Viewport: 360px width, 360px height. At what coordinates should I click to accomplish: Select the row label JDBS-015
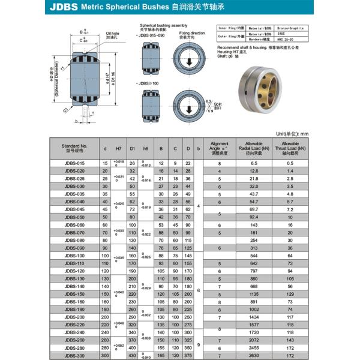coord(75,163)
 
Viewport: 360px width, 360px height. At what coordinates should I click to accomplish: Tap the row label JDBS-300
coord(75,356)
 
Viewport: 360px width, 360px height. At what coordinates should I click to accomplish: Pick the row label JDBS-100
coord(75,256)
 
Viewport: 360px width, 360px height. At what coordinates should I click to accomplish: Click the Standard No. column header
coord(75,147)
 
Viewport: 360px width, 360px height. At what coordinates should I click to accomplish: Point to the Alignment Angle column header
coord(220,147)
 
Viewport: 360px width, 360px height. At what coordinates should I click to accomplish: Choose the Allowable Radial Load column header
coord(254,147)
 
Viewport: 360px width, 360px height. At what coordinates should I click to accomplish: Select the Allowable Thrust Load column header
coord(290,147)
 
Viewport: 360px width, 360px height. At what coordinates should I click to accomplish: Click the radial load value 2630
coord(254,356)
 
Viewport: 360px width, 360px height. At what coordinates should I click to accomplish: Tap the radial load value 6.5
coord(254,163)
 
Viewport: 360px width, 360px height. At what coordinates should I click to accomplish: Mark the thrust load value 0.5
coord(290,163)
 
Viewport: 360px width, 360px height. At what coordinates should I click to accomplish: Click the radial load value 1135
coord(254,294)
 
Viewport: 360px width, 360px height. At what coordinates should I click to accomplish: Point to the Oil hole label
coord(113,35)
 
